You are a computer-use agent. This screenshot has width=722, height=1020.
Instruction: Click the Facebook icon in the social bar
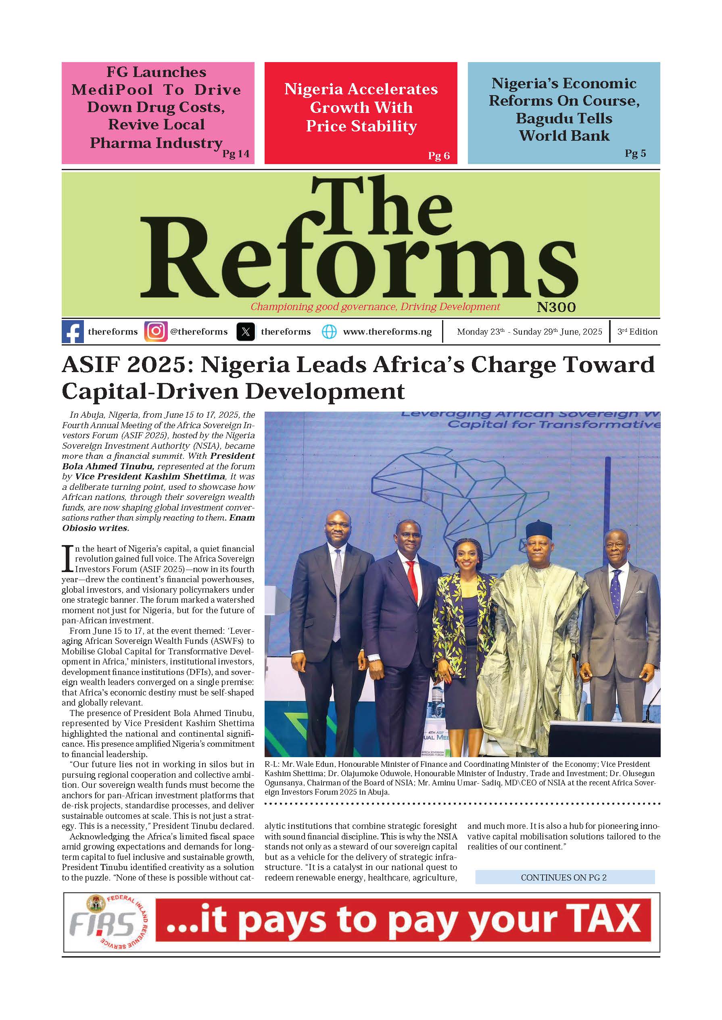(x=73, y=332)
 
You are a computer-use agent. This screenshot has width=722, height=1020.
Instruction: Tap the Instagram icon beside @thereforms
(x=156, y=332)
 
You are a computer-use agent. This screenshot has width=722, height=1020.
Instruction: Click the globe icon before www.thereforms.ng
(x=329, y=332)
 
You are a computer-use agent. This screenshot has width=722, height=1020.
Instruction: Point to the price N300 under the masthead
(x=556, y=308)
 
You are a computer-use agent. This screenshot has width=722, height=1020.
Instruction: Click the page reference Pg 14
(x=236, y=154)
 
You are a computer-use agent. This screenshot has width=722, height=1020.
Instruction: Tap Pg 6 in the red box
(x=438, y=156)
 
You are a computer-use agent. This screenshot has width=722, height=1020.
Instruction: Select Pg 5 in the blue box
(x=635, y=153)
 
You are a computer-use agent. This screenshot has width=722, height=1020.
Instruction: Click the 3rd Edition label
(x=637, y=332)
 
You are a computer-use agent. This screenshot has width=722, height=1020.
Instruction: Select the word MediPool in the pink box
(x=112, y=90)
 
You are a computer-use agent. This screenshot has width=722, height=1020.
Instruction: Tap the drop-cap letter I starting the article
(x=67, y=558)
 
